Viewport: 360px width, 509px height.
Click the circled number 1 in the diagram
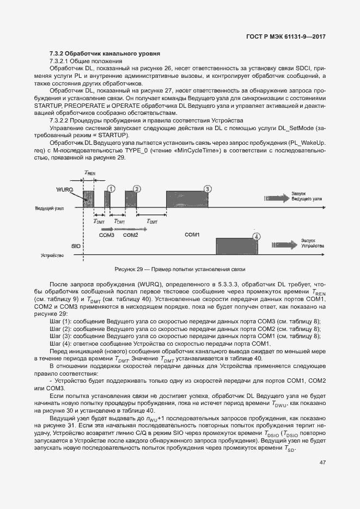point(111,188)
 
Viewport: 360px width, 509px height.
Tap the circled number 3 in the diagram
point(207,188)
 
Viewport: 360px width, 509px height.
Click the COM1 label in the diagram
point(193,235)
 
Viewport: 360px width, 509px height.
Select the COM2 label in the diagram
point(131,235)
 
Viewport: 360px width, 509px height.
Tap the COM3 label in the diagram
point(106,235)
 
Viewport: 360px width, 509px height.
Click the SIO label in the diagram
point(76,246)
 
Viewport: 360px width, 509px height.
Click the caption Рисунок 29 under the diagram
point(180,270)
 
